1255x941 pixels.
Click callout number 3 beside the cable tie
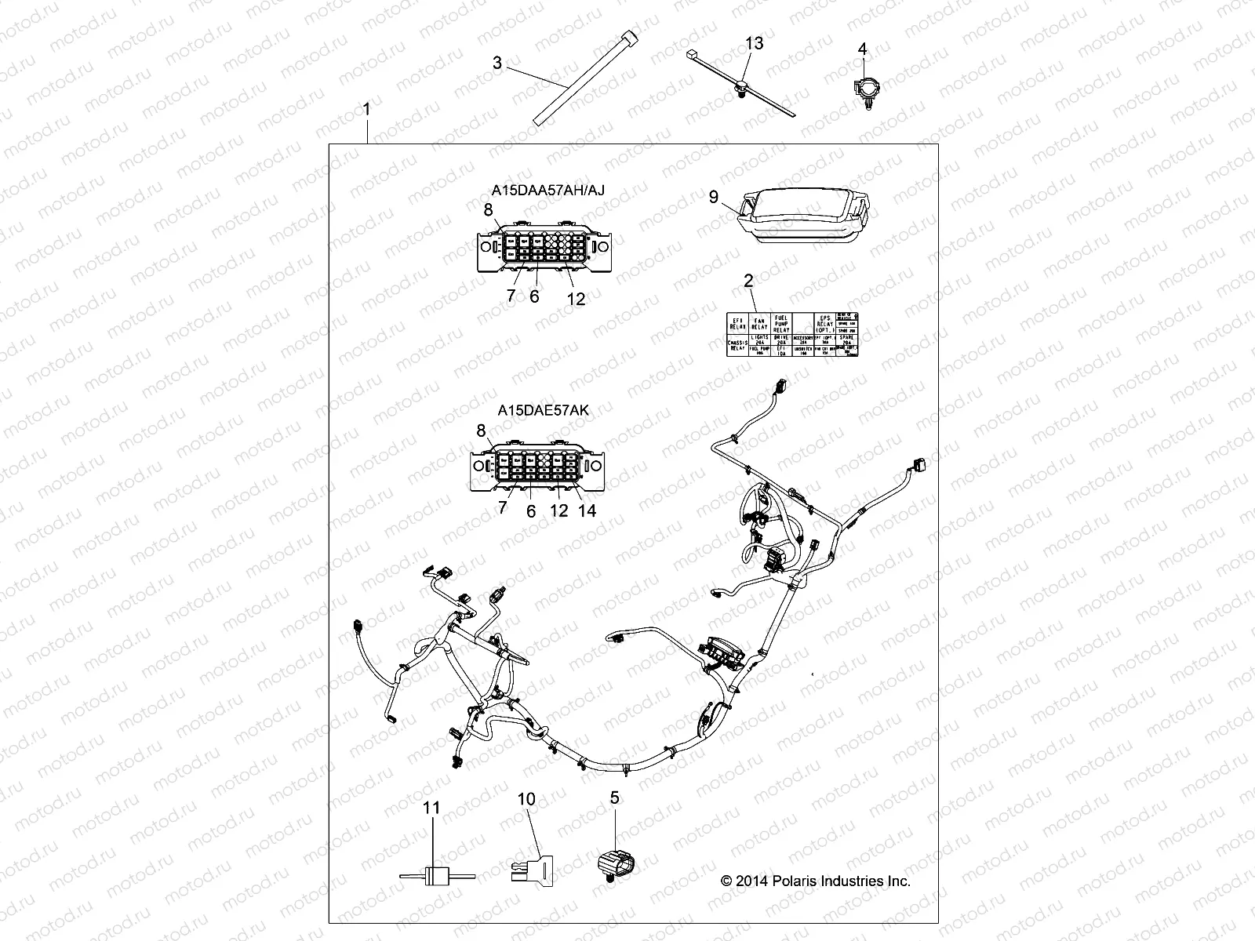click(497, 63)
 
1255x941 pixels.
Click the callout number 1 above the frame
click(366, 109)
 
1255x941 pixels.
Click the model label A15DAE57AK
click(542, 409)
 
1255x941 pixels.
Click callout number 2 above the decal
click(748, 281)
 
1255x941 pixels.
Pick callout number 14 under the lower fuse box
click(587, 510)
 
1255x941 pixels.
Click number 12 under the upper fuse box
click(576, 299)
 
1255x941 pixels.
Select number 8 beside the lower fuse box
click(482, 430)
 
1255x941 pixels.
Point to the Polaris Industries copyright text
click(815, 881)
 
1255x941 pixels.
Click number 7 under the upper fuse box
click(511, 296)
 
